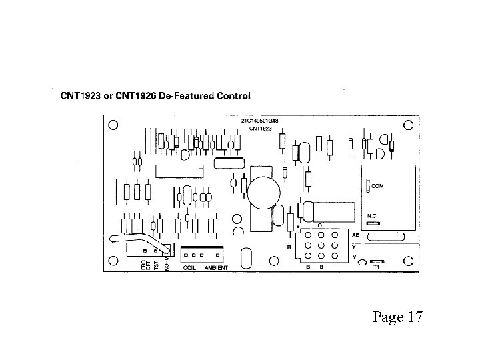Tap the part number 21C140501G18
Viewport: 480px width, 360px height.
259,121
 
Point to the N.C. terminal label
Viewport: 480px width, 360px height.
374,216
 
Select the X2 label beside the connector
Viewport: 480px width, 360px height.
355,235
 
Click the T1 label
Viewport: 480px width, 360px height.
376,267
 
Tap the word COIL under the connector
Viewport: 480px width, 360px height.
189,267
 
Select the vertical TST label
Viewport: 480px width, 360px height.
155,265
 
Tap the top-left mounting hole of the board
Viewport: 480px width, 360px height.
113,125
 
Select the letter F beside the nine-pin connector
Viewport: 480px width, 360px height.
297,227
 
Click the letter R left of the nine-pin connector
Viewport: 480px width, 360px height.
289,246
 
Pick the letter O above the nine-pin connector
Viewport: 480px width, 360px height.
320,225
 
